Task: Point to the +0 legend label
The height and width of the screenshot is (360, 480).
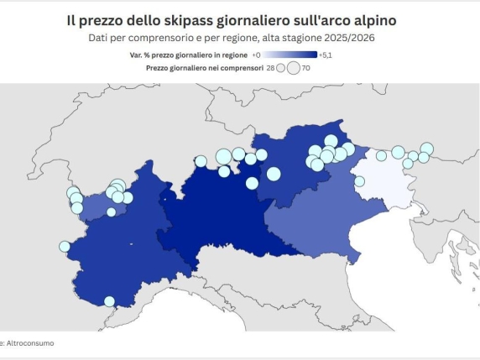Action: tap(256, 55)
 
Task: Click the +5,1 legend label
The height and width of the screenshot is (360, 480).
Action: tap(327, 55)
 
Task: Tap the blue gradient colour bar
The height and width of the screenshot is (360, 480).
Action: tap(290, 55)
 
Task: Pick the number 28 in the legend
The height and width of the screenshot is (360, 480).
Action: tap(269, 67)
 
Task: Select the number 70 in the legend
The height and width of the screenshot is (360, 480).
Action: tap(306, 67)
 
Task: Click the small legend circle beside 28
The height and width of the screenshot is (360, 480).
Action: tap(281, 68)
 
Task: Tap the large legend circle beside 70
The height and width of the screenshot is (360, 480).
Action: tap(293, 68)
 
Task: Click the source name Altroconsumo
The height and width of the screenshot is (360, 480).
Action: tap(32, 342)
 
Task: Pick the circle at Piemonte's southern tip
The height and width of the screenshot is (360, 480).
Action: tap(109, 301)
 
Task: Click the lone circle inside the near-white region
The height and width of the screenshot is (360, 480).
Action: tap(359, 180)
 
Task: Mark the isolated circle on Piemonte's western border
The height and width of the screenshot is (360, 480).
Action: tap(64, 247)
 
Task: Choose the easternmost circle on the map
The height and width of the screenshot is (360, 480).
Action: tap(427, 149)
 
